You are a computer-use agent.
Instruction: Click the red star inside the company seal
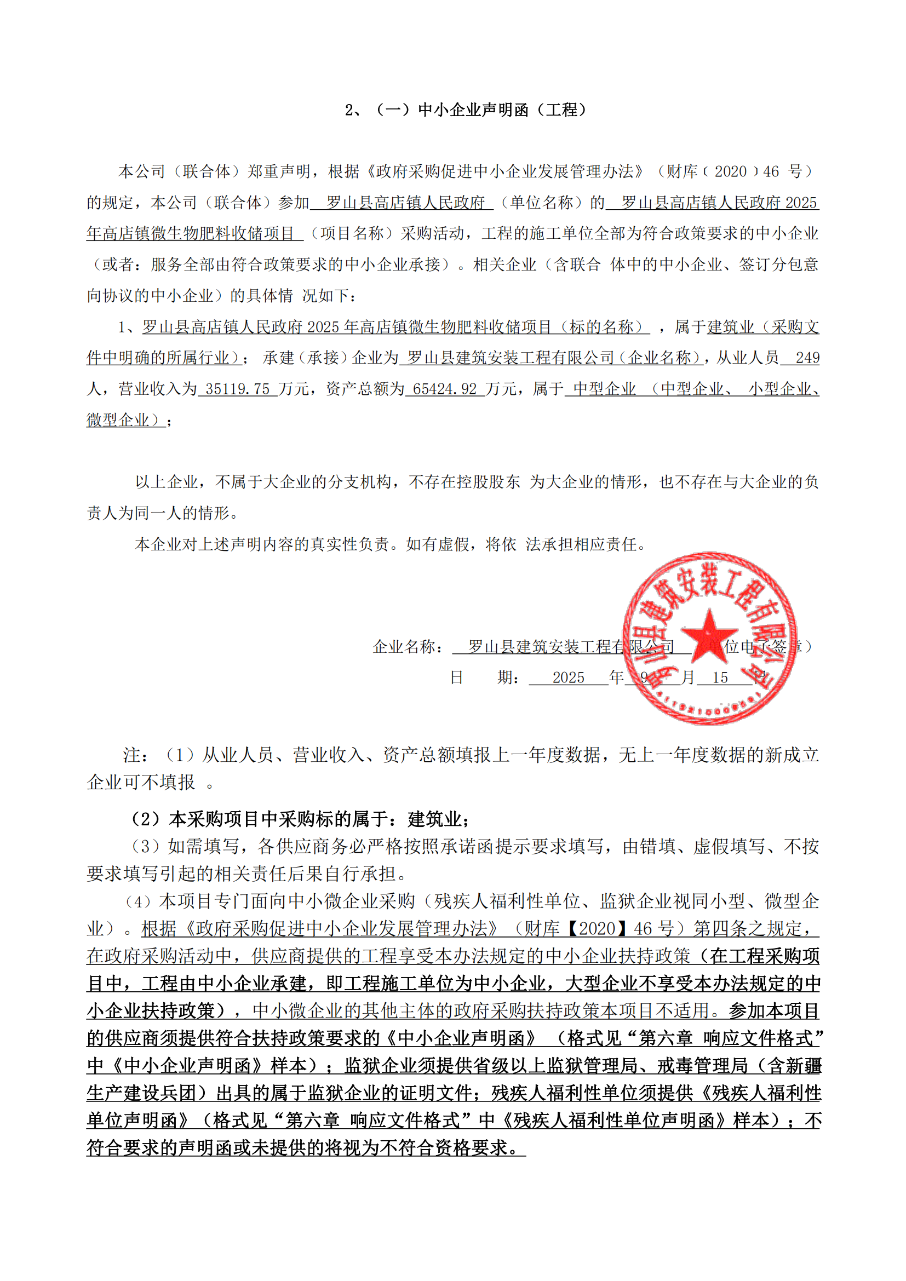click(x=708, y=635)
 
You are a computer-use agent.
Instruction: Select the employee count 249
click(x=807, y=358)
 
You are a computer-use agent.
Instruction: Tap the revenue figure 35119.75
click(x=237, y=389)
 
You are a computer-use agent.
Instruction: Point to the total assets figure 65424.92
click(x=445, y=389)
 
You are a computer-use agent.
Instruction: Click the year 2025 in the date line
click(x=568, y=677)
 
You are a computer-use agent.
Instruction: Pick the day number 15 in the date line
click(x=720, y=677)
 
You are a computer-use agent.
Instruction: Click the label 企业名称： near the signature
click(x=409, y=647)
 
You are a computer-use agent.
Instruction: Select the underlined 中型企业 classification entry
click(x=604, y=389)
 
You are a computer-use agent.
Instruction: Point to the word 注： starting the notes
click(x=135, y=755)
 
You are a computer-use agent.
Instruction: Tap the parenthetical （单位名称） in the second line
click(x=541, y=203)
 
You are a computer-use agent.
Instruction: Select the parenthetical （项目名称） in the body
click(x=352, y=233)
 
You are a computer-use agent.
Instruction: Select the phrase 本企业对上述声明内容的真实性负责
click(x=262, y=544)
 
